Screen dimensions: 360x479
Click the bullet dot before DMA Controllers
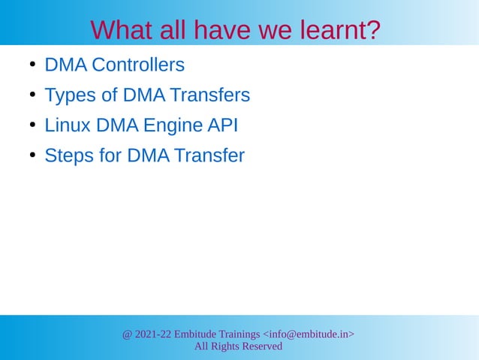point(33,65)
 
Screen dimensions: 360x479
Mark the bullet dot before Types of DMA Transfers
point(33,95)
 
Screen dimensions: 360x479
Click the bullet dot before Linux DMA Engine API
point(33,125)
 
